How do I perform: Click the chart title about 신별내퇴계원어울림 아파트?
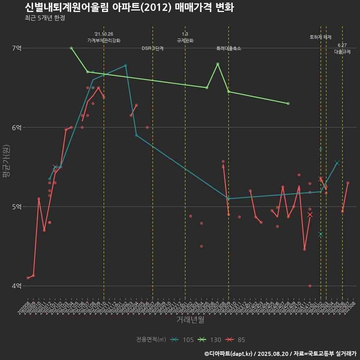[129, 7]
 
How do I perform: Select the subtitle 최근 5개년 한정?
[45, 18]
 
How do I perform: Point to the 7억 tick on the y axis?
[17, 48]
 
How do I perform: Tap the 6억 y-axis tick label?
[17, 127]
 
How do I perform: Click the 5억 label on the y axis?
[17, 207]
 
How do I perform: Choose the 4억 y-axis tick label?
[17, 286]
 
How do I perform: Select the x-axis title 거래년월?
[190, 319]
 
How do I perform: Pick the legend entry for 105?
[182, 340]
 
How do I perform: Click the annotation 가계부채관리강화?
[104, 40]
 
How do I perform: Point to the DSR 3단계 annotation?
[153, 48]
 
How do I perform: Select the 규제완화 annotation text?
[185, 40]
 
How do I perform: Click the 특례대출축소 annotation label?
[229, 49]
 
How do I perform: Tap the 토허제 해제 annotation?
[321, 37]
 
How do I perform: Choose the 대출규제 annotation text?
[342, 52]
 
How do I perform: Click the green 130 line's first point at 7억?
[71, 48]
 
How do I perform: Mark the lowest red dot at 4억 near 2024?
[310, 286]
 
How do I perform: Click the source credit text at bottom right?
[280, 353]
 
